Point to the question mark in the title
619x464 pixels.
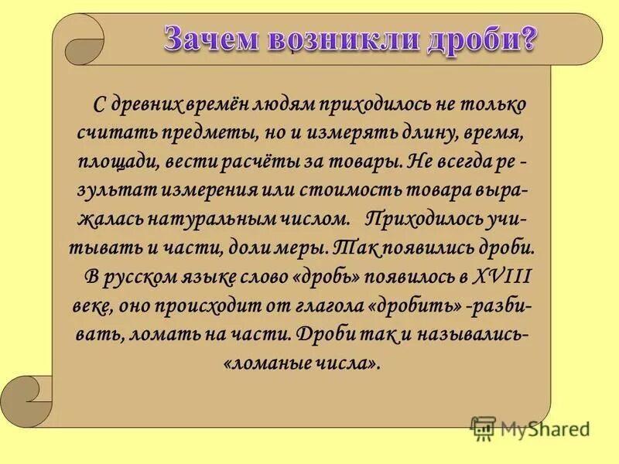point(526,38)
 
